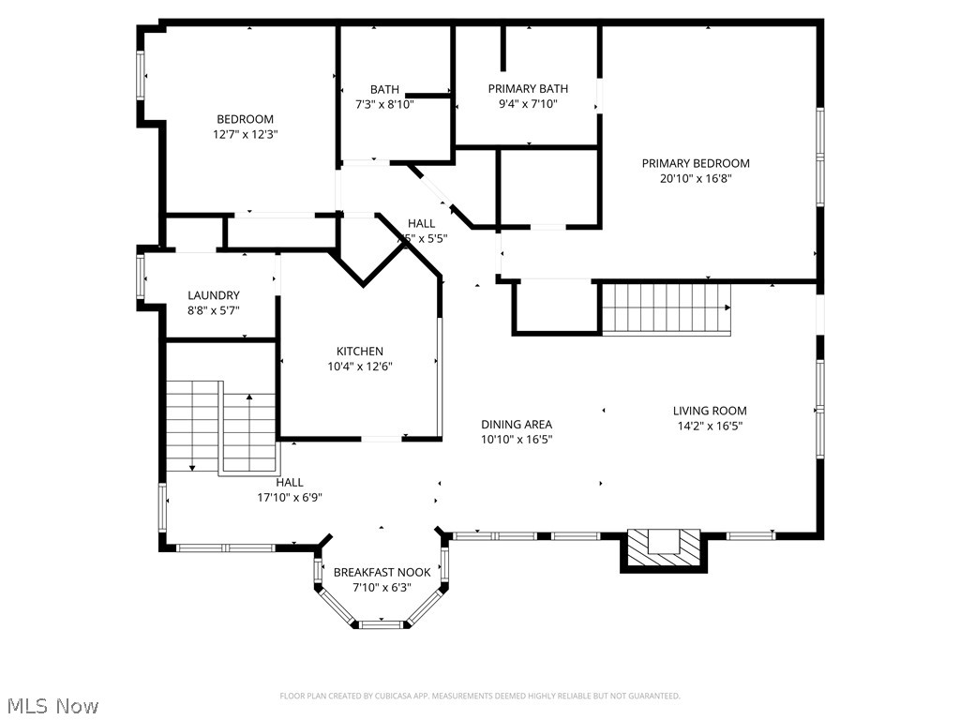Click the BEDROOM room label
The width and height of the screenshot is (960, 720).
(245, 119)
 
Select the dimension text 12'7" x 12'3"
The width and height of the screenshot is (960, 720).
(245, 134)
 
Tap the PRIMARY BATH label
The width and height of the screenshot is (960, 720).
(528, 89)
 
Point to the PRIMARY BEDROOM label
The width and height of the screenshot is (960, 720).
(696, 163)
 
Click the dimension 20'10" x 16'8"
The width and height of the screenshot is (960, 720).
(696, 178)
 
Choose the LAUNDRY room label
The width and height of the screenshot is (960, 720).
(214, 295)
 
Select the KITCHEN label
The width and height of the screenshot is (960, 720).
(360, 352)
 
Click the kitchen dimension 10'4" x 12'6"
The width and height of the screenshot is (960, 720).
(360, 367)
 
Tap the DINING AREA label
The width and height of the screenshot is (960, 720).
(517, 424)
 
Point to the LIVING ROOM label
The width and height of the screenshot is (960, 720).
(710, 411)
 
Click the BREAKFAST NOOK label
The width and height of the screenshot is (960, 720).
(382, 572)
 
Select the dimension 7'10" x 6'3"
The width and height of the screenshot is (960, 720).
(382, 587)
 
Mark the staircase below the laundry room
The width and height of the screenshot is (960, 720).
(221, 427)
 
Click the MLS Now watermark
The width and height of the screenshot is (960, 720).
(52, 705)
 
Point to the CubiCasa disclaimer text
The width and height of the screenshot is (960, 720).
(480, 696)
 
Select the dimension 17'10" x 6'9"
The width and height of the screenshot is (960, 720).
(290, 497)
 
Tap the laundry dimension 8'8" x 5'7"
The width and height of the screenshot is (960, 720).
(214, 310)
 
